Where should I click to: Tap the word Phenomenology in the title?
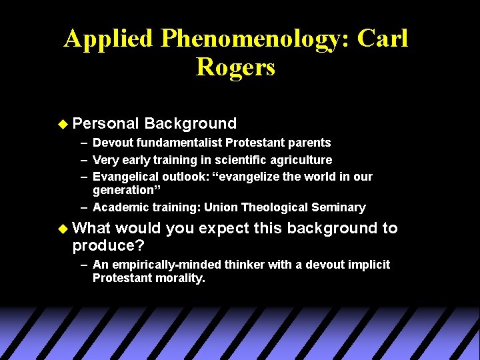pyautogui.click(x=251, y=39)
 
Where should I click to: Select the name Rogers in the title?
pyautogui.click(x=235, y=67)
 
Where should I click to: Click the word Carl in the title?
pyautogui.click(x=382, y=39)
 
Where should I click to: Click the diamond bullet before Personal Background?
pyautogui.click(x=63, y=123)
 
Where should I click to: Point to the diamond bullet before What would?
pyautogui.click(x=63, y=229)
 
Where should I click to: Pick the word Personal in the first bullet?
pyautogui.click(x=106, y=123)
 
